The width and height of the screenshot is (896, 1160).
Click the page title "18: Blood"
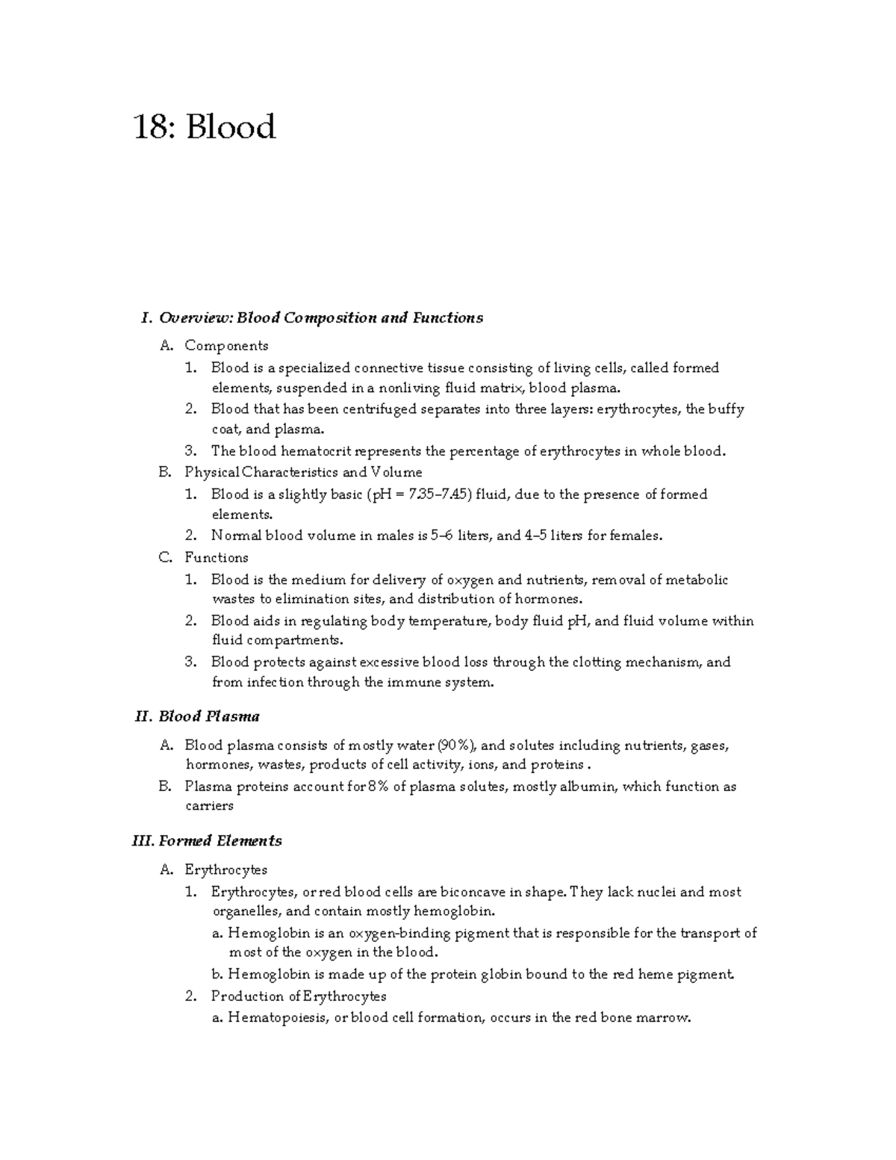click(x=205, y=127)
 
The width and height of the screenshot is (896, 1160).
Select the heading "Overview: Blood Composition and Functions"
click(x=320, y=318)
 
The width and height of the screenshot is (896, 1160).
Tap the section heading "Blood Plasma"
click(x=209, y=717)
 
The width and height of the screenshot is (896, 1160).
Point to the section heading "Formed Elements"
click(x=220, y=841)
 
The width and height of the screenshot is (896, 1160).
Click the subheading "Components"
click(x=226, y=346)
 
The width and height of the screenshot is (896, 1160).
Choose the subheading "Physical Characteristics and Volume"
click(x=303, y=473)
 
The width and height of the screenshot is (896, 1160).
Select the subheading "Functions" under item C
click(x=217, y=558)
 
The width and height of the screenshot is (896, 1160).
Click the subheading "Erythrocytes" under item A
click(x=225, y=870)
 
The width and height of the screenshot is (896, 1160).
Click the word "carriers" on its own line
click(x=209, y=806)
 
